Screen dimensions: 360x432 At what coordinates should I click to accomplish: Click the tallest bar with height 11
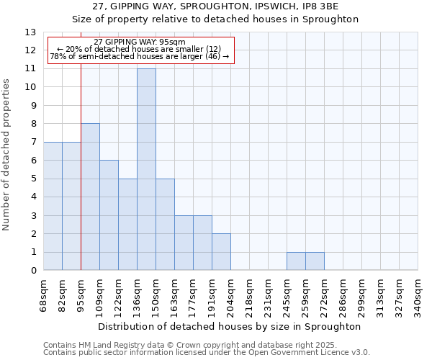coord(146,169)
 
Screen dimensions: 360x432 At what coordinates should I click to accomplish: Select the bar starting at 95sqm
coord(90,197)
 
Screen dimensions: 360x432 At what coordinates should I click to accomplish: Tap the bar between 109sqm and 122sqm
coord(109,215)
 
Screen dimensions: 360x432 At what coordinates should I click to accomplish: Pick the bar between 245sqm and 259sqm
coord(296,261)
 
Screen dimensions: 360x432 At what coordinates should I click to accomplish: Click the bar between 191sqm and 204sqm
coord(221,252)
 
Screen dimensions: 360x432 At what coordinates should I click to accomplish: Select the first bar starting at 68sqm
coord(53,206)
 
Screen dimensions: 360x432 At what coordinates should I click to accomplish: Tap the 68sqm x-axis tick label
coord(44,295)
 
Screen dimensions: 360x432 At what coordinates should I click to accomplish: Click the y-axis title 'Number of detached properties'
coord(7,155)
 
